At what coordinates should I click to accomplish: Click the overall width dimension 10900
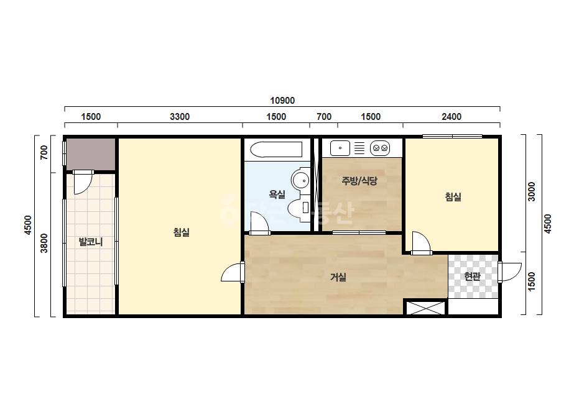point(282,101)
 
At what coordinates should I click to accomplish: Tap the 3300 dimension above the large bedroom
point(180,117)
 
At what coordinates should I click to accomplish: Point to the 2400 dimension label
point(451,117)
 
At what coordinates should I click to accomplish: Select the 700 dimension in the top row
point(324,117)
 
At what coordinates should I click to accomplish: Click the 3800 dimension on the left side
point(44,243)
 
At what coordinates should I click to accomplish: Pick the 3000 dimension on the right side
point(531,191)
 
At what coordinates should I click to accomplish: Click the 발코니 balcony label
point(91,242)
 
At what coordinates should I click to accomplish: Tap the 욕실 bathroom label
point(277,194)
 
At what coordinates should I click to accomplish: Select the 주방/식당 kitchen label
point(359,181)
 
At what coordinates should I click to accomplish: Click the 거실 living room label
point(338,277)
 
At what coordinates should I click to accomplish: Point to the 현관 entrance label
point(472,276)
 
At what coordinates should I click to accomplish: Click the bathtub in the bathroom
point(276,150)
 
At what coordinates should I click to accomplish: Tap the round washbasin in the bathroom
point(300,180)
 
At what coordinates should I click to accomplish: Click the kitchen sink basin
point(340,148)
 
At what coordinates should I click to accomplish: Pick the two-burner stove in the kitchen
point(380,148)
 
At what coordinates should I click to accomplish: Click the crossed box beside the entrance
point(426,308)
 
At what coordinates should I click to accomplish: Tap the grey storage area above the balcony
point(91,154)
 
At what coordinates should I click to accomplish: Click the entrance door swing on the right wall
point(509,272)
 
